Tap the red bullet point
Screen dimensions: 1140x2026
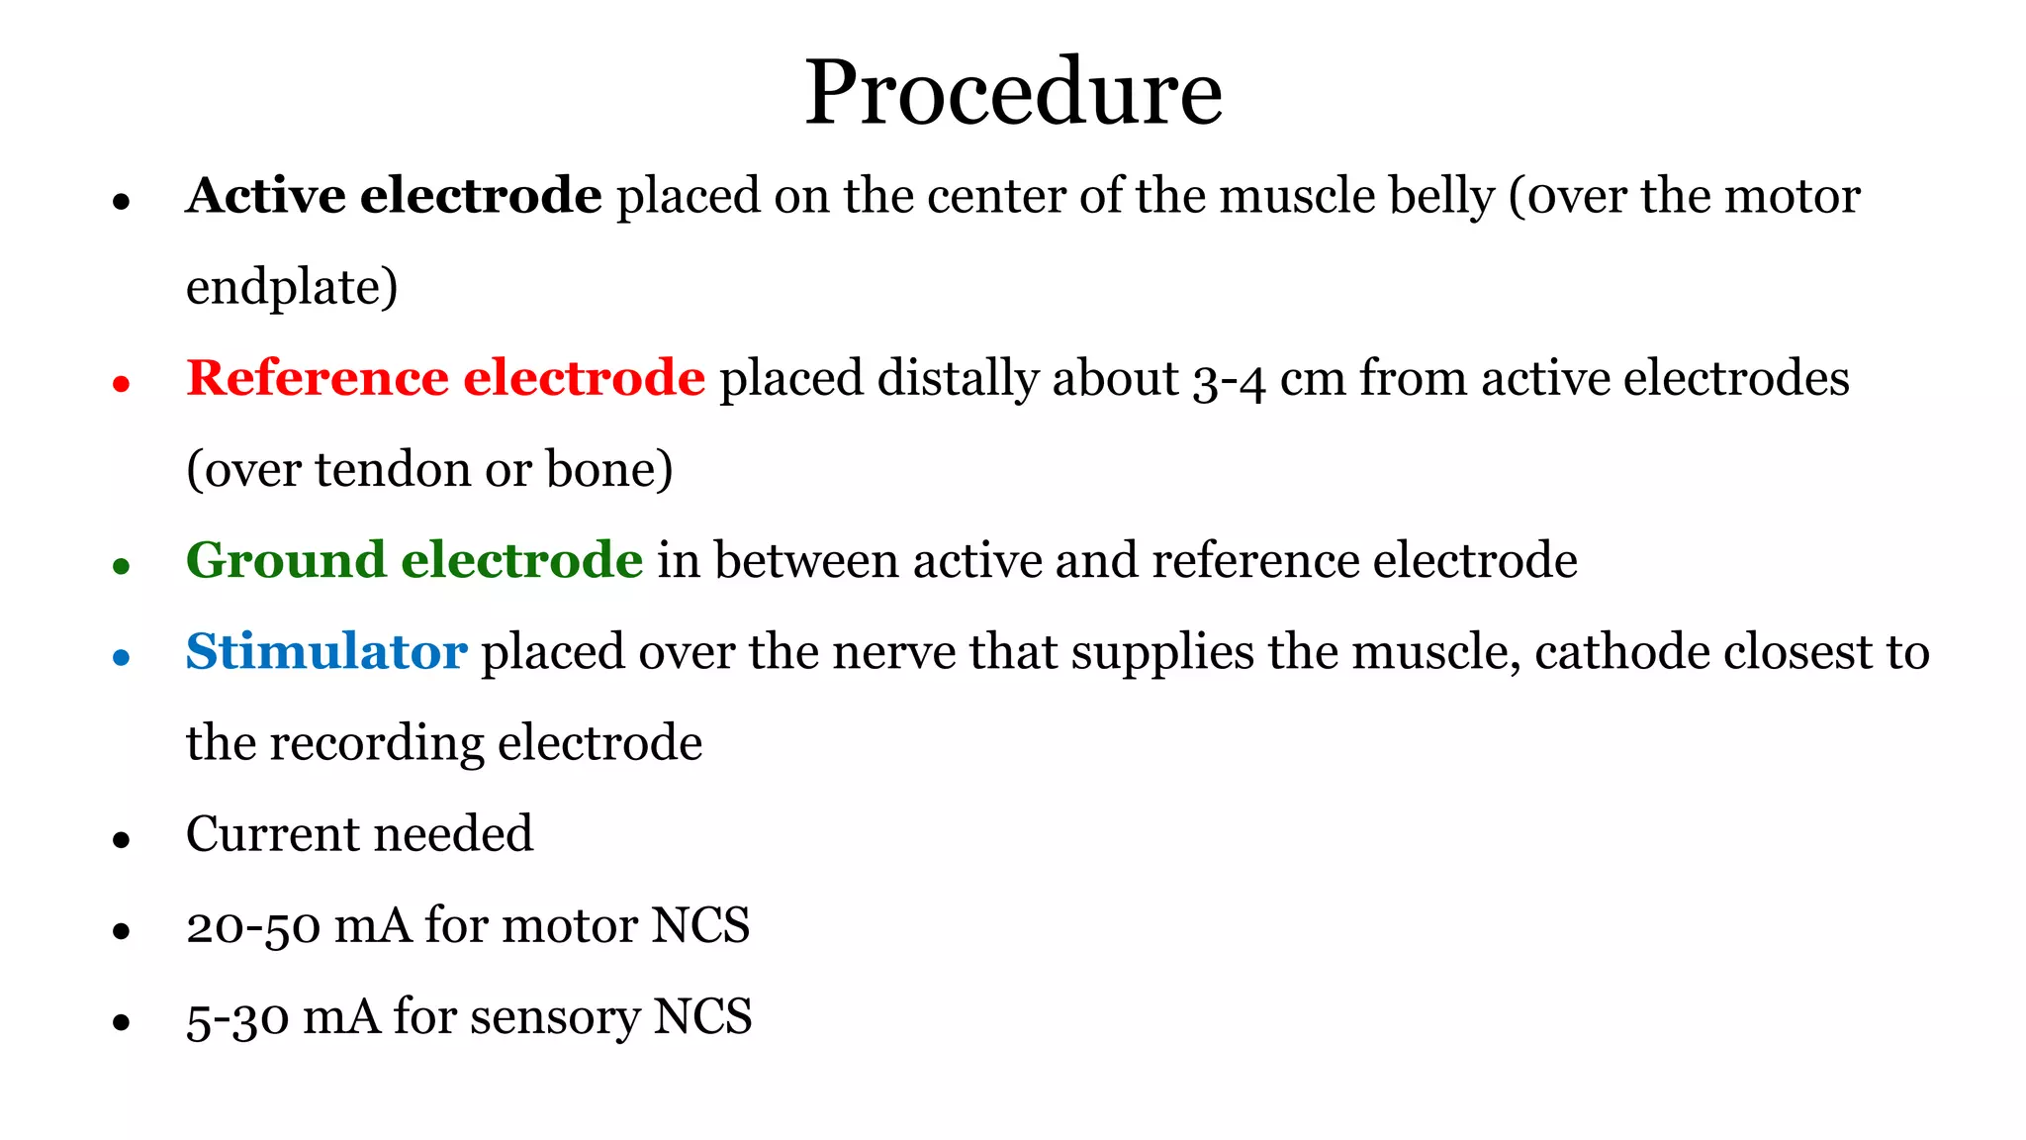click(x=122, y=384)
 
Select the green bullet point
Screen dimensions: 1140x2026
click(x=122, y=566)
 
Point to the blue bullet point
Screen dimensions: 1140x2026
click(x=122, y=657)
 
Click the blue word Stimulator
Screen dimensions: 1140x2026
click(x=326, y=652)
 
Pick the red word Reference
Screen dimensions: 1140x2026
click(x=318, y=378)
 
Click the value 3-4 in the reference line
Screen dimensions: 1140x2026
click(x=1229, y=380)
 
